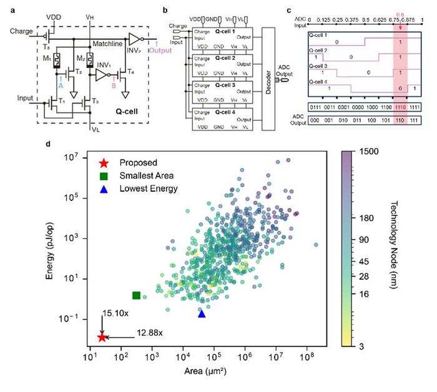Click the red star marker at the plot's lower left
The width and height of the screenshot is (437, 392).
click(102, 337)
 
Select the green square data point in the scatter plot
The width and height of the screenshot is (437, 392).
click(136, 295)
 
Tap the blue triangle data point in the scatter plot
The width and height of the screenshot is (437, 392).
click(202, 314)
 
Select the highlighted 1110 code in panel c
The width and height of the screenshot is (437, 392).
click(400, 107)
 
